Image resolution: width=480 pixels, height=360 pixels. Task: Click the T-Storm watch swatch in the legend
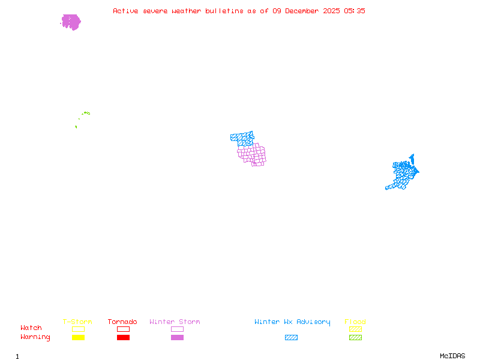[78, 329]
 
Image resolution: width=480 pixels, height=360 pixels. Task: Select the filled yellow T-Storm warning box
[78, 338]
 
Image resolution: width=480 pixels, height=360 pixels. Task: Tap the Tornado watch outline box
[123, 329]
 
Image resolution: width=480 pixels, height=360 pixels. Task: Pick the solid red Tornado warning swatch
[123, 338]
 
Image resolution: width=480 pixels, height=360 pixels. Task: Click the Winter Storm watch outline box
[177, 329]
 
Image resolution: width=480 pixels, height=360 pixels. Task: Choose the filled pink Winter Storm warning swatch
[177, 338]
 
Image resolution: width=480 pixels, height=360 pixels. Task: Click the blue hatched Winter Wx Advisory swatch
[291, 338]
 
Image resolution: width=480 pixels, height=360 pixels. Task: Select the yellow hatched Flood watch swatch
[355, 329]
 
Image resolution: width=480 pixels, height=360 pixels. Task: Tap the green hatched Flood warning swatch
[355, 338]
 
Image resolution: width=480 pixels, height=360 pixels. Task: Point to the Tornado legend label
[122, 322]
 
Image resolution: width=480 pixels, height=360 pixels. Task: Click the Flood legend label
[355, 322]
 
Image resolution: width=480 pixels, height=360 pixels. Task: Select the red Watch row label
[31, 328]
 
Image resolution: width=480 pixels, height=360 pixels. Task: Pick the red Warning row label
[35, 337]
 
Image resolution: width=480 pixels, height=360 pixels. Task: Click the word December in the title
[304, 11]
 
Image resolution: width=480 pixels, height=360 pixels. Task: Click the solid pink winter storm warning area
[71, 22]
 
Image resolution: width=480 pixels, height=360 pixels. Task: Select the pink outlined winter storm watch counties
[253, 153]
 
